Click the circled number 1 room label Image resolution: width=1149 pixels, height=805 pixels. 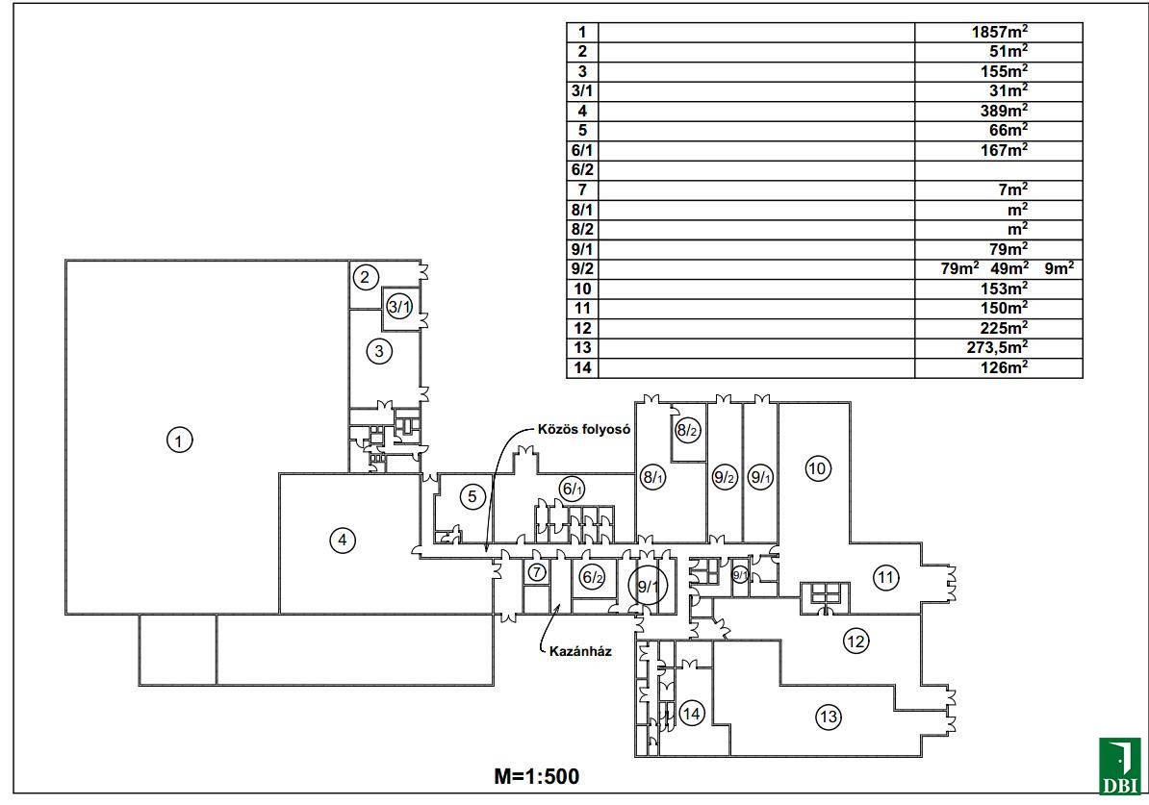point(179,440)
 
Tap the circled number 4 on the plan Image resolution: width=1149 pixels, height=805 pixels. point(342,541)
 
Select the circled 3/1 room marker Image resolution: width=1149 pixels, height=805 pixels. point(399,307)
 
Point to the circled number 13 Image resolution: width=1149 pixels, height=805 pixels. point(828,716)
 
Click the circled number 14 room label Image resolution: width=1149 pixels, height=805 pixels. point(692,713)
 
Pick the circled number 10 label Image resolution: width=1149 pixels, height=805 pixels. point(817,468)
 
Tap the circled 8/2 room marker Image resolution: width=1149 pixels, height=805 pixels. point(686,431)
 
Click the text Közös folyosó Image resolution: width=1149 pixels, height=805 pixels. point(584,430)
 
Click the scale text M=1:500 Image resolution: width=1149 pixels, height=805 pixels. point(537,776)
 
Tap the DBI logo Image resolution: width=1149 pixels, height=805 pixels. point(1119,767)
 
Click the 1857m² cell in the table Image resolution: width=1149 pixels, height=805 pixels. point(1000,32)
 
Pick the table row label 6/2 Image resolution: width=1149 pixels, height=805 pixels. point(582,169)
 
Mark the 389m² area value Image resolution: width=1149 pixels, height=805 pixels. point(1000,111)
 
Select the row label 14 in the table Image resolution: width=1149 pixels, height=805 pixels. point(582,367)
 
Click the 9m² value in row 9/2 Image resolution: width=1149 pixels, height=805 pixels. point(1059,268)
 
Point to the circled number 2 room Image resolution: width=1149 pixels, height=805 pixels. point(365,278)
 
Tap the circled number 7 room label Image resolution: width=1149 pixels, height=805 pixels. point(537,572)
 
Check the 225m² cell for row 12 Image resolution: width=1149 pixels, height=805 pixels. point(1000,328)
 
